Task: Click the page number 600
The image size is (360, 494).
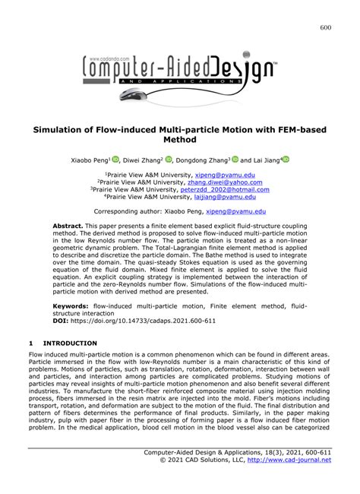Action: coord(326,28)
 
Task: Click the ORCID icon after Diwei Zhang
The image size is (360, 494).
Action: coord(169,160)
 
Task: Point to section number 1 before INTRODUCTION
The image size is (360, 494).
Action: coord(30,344)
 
